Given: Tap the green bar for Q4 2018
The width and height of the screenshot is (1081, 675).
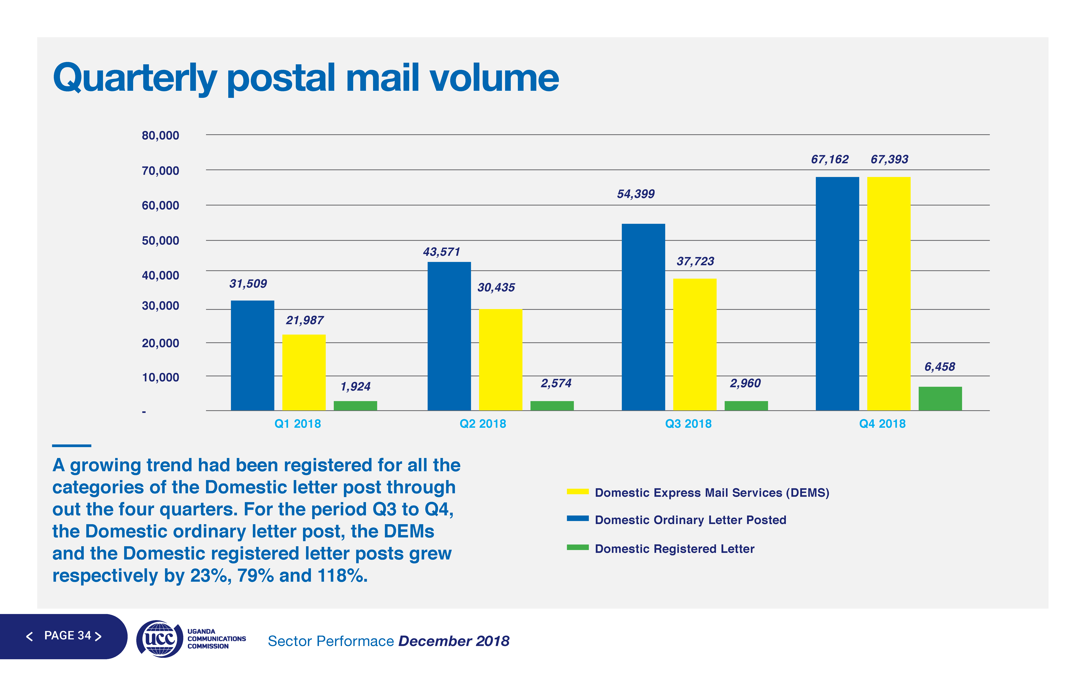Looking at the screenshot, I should [x=940, y=399].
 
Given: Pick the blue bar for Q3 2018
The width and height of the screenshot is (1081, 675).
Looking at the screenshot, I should [x=643, y=317].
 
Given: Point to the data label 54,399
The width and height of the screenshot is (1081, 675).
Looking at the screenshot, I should [x=636, y=194].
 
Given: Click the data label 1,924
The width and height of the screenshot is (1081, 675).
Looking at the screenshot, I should [x=356, y=387].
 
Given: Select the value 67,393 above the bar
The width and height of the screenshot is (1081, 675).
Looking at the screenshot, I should [x=889, y=159].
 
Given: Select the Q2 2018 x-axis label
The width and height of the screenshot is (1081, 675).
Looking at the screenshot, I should [x=483, y=424].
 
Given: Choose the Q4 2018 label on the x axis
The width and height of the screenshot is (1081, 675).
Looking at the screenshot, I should [x=882, y=424].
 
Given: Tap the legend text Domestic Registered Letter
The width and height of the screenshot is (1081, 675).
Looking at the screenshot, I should [x=675, y=549].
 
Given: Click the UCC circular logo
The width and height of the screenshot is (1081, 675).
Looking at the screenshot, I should [x=159, y=638].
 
